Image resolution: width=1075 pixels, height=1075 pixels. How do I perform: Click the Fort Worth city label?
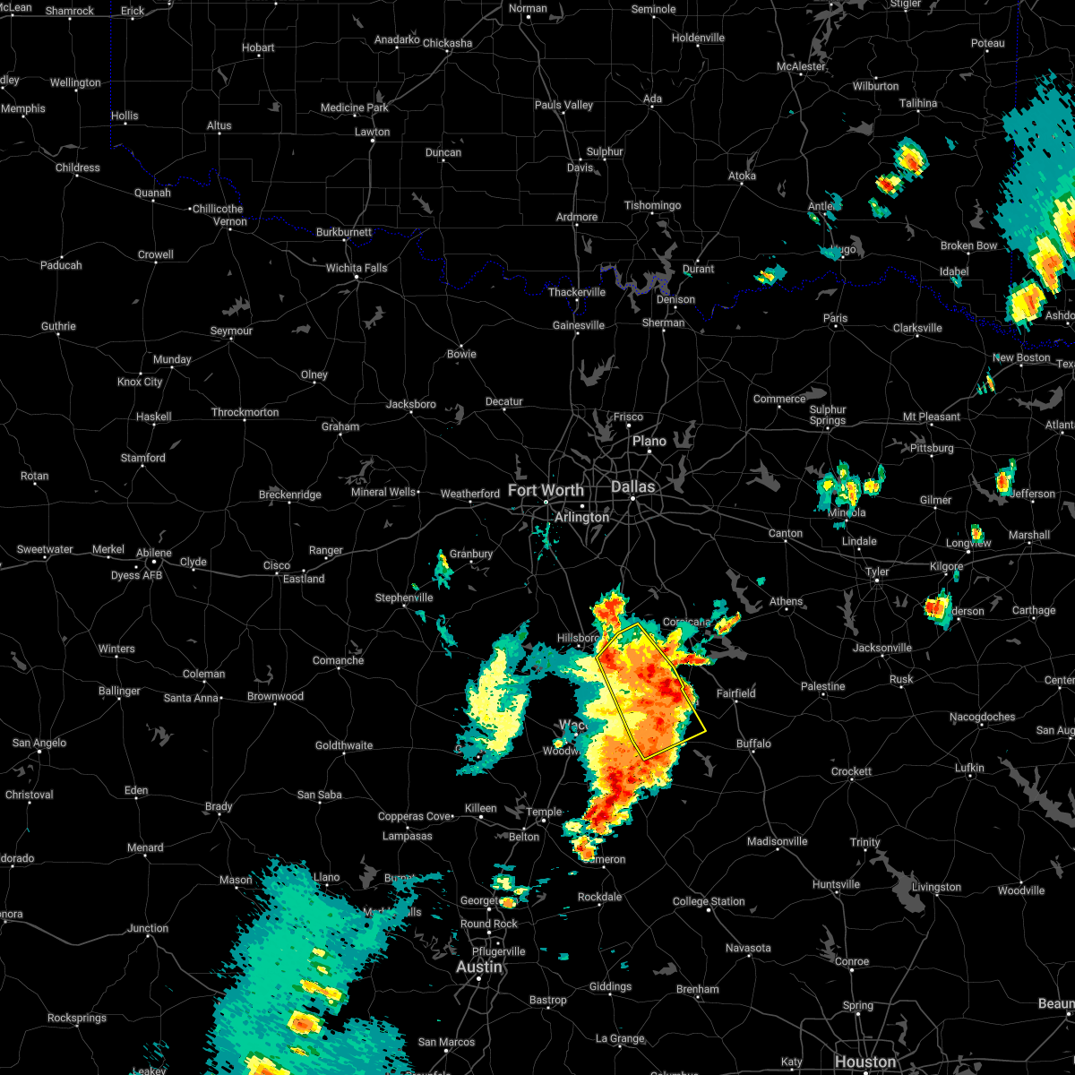546,490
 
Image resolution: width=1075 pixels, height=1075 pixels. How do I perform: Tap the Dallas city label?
633,486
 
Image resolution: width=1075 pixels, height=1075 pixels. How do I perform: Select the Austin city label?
479,967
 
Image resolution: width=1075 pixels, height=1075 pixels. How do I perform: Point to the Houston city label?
864,1062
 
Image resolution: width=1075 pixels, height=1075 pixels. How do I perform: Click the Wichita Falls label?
357,268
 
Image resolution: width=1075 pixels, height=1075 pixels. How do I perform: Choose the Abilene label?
153,553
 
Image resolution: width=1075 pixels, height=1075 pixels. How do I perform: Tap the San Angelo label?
39,743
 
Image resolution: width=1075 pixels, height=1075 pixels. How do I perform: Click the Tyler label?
877,572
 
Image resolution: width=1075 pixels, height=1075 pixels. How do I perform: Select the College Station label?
709,901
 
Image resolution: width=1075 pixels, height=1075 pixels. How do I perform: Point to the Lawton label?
372,132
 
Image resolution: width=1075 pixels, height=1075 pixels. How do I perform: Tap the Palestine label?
822,686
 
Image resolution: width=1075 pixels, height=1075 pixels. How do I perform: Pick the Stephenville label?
404,598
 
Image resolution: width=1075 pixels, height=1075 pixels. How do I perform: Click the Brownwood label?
275,696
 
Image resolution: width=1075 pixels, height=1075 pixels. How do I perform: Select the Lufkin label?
969,768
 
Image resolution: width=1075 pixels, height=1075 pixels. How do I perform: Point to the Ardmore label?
577,217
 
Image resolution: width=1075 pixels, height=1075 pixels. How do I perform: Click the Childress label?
78,168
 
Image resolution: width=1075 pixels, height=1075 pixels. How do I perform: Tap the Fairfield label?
736,692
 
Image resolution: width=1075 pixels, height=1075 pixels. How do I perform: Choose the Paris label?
835,318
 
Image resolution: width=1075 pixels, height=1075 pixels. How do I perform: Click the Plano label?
649,441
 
